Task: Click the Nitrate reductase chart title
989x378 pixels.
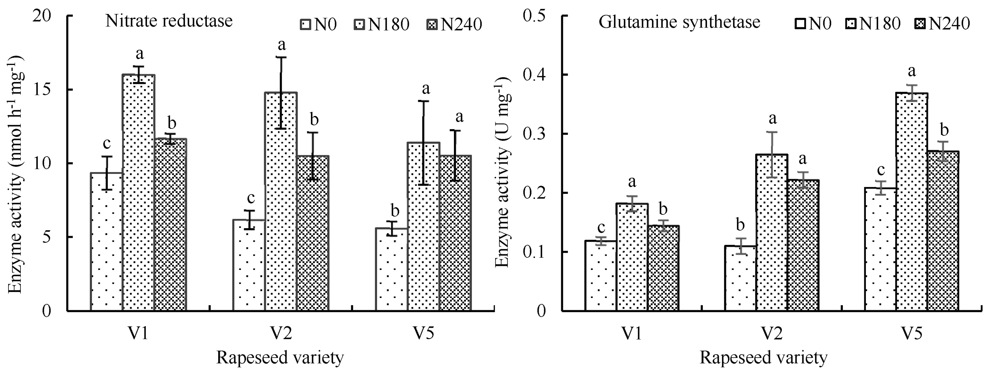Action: (x=169, y=21)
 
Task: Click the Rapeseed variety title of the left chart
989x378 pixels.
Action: (x=280, y=358)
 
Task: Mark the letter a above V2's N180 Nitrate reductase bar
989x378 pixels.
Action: (x=281, y=45)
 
